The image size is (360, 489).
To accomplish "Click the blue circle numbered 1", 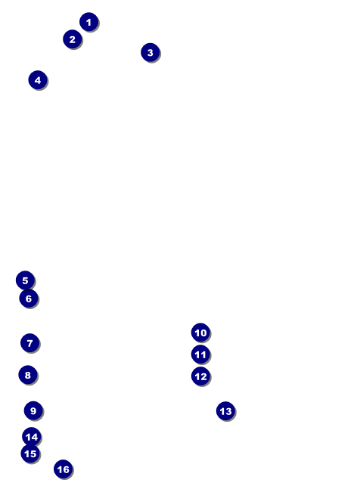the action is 89,22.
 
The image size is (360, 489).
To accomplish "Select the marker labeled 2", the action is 73,39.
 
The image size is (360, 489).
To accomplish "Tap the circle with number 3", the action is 151,52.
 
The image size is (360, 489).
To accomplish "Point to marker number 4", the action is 38,80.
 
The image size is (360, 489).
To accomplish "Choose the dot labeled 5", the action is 25,280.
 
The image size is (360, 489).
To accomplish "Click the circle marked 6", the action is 29,299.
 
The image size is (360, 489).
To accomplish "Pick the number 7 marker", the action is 30,343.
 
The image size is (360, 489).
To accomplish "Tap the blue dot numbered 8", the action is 28,375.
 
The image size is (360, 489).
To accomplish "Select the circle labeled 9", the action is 33,410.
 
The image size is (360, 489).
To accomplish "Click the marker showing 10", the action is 200,333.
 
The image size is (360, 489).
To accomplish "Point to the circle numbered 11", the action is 200,354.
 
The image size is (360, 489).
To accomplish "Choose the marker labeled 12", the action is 200,376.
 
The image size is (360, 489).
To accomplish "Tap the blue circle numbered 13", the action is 225,411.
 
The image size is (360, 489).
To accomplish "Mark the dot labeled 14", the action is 32,437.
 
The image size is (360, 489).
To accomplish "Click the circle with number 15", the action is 30,453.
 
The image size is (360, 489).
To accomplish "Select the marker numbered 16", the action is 64,469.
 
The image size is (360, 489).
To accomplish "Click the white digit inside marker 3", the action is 151,52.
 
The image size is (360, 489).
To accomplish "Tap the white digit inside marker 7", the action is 30,343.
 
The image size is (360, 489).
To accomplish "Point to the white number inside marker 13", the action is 225,411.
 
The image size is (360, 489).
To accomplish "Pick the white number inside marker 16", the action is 64,469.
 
